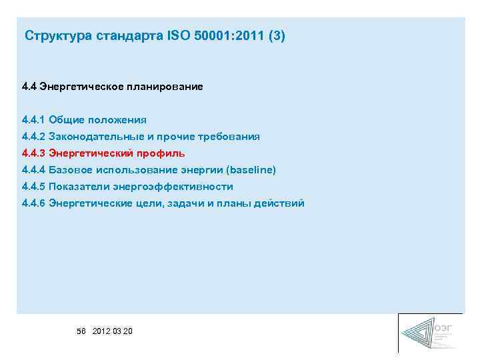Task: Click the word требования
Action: pyautogui.click(x=229, y=137)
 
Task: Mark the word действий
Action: pyautogui.click(x=281, y=203)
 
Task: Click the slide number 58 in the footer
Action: pyautogui.click(x=81, y=331)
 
